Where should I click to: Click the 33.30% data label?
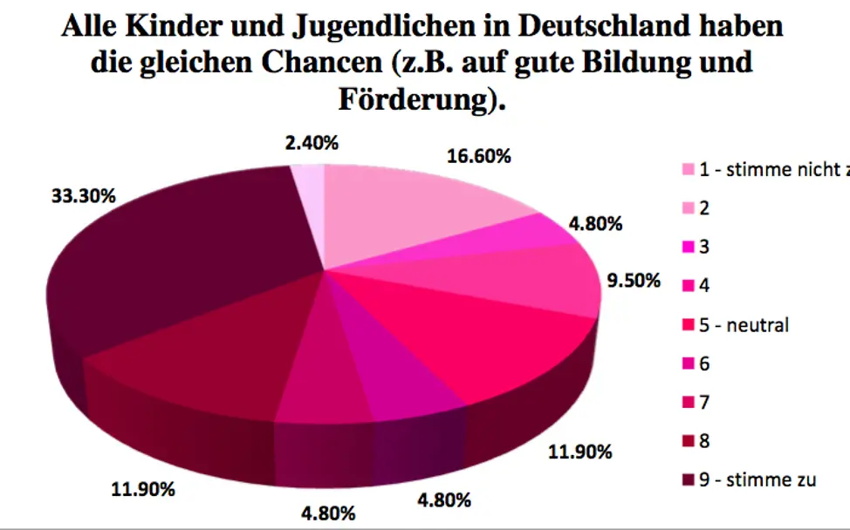click(83, 196)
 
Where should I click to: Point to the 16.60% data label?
click(477, 157)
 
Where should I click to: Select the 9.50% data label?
click(634, 283)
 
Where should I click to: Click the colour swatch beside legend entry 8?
click(688, 441)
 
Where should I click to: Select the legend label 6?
click(704, 364)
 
